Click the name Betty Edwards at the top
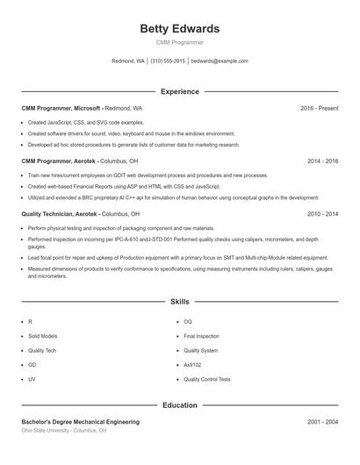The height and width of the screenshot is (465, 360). coord(179,29)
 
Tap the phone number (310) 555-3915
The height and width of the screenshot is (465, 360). coord(168,61)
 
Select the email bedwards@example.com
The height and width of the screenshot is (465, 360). coord(220,61)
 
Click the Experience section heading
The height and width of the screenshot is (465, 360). coord(179,91)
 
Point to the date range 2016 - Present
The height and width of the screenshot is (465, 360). coord(319,108)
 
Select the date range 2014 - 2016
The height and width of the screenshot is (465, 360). coord(322,161)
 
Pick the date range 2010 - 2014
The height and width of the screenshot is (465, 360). coord(322,213)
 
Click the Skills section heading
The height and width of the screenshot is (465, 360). coord(179,301)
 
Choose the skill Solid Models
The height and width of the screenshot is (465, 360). coord(43,336)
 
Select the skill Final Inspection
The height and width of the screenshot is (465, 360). coord(201,336)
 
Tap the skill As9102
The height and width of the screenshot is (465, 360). coord(193,364)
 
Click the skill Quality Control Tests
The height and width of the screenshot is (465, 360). coord(207,379)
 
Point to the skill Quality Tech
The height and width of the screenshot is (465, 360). coord(42,350)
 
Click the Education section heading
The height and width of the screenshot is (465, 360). coord(179,405)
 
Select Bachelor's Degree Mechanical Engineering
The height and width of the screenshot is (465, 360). coord(80,422)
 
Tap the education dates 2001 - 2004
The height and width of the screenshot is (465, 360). coord(322,422)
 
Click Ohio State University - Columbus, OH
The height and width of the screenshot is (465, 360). coord(64,431)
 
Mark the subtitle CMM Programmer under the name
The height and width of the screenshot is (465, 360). coord(179,42)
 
